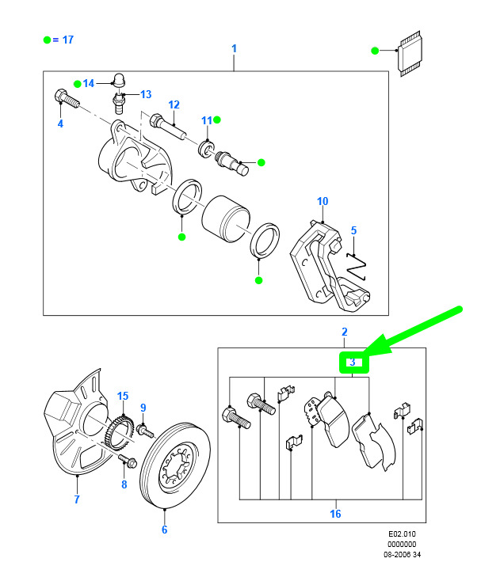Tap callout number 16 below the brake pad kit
(335, 514)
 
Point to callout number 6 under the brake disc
(164, 530)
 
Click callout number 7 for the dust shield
(77, 499)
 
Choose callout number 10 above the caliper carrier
(323, 202)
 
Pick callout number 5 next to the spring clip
(354, 230)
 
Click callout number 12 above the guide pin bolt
(174, 104)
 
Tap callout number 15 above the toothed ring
(123, 396)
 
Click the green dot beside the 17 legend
(48, 39)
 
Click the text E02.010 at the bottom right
(403, 534)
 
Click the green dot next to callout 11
(216, 120)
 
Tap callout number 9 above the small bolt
(143, 408)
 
